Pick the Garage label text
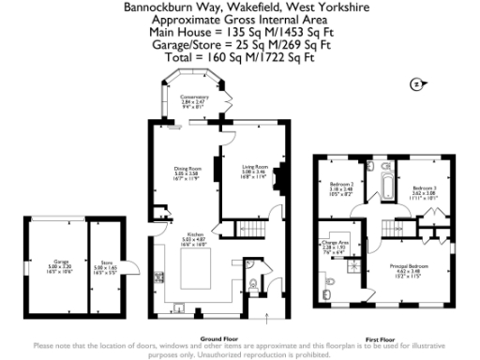point(62,265)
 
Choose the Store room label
point(104,265)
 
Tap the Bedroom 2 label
point(341,187)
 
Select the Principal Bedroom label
point(408,271)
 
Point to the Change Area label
point(335,245)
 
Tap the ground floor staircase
point(245,228)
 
